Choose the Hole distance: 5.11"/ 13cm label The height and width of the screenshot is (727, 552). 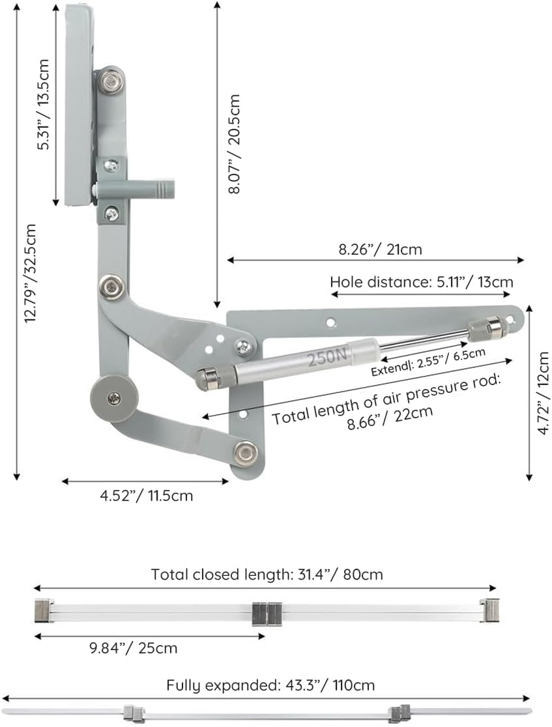[421, 282]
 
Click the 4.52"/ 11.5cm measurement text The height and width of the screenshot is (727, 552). [146, 495]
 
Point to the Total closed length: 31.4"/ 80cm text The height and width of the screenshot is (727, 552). [267, 574]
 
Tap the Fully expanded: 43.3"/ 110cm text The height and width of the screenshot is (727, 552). [270, 685]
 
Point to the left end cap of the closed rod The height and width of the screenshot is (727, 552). [44, 610]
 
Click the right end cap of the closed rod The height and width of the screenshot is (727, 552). [489, 610]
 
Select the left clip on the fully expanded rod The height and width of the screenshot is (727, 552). [133, 713]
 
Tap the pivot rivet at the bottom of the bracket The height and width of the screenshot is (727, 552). [246, 453]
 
